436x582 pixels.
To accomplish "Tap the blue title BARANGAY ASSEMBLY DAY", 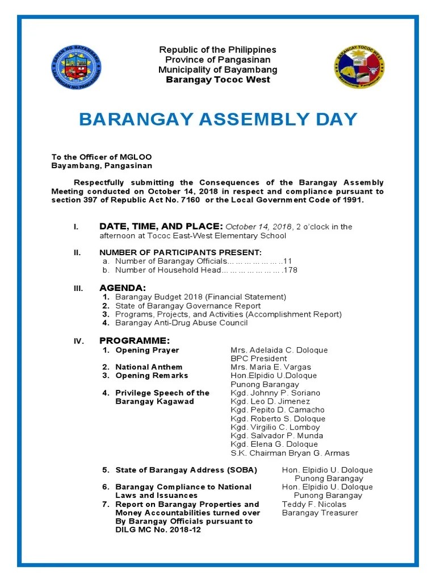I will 218,119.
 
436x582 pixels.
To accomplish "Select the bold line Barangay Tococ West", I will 218,80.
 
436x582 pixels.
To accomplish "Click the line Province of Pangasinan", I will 218,60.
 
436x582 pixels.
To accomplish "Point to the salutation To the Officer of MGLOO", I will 102,157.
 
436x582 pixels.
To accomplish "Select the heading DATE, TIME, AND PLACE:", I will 161,227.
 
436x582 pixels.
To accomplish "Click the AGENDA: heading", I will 123,288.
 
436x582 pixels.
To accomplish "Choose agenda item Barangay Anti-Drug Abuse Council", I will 181,323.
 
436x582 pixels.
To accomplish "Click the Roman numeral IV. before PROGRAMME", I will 78,341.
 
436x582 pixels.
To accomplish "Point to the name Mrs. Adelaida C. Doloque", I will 279,350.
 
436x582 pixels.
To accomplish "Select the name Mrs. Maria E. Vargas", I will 270,367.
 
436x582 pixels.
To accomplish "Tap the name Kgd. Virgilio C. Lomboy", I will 275,427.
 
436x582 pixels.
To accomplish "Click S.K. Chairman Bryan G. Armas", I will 290,453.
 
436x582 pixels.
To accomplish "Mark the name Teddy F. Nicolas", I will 314,504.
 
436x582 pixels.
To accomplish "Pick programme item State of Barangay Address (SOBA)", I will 186,470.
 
